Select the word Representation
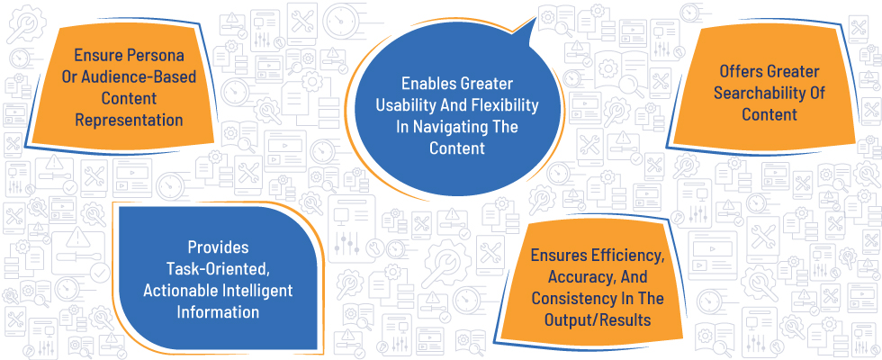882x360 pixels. (x=129, y=120)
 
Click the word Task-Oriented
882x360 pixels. (x=219, y=269)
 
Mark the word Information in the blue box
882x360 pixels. (x=218, y=311)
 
